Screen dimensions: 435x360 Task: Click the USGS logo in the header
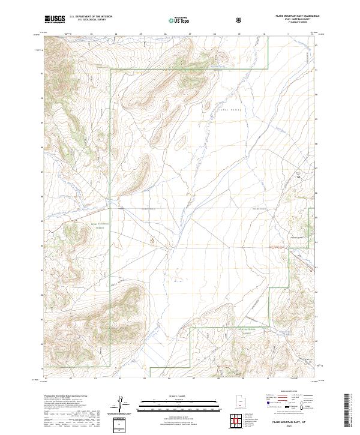[x=55, y=19]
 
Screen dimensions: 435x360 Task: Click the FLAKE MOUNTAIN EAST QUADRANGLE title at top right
[x=292, y=16]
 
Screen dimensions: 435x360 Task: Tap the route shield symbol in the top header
[x=240, y=19]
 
